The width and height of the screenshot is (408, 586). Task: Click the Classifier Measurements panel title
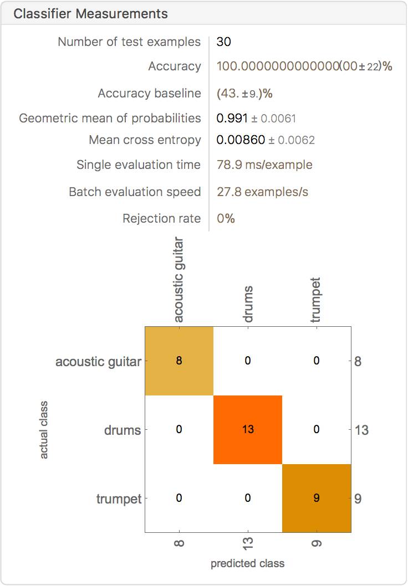[x=90, y=14]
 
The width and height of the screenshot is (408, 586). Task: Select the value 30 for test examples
[x=223, y=42]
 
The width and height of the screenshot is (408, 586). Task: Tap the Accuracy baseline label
[x=149, y=93]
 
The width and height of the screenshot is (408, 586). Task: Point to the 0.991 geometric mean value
[x=232, y=119]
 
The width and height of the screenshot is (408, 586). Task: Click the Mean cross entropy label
[x=145, y=140]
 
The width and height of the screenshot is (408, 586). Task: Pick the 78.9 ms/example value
[x=264, y=165]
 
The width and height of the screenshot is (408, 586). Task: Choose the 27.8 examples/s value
[x=263, y=192]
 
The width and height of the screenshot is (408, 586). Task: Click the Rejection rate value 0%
[x=226, y=218]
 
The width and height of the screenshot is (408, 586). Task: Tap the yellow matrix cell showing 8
[x=179, y=361]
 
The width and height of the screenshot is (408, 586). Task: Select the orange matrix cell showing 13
[x=248, y=429]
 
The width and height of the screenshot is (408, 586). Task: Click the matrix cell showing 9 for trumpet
[x=317, y=498]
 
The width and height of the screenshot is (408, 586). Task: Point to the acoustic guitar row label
[x=99, y=362]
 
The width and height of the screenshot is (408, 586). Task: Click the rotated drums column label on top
[x=248, y=304]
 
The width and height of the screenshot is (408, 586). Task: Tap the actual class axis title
[x=44, y=430]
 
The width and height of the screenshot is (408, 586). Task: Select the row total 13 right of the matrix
[x=361, y=430]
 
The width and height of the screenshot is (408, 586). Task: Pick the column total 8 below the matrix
[x=179, y=542]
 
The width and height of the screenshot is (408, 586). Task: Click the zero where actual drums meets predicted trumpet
[x=317, y=429]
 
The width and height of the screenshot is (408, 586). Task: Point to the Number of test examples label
[x=129, y=42]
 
